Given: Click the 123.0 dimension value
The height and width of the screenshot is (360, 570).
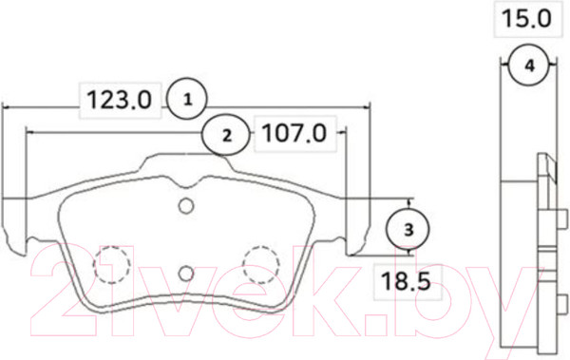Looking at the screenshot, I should [x=120, y=98].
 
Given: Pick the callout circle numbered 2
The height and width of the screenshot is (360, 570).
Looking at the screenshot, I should [x=226, y=135].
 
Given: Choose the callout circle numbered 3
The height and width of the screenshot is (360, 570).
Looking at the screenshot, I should [x=408, y=229].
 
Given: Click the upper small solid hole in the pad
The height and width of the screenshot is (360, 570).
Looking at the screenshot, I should [x=186, y=207].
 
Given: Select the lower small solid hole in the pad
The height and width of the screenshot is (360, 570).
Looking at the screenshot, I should [x=186, y=274].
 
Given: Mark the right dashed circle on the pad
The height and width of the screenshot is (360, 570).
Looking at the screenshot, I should [x=259, y=262].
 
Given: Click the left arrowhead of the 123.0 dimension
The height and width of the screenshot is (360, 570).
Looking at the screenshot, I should [x=8, y=106].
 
